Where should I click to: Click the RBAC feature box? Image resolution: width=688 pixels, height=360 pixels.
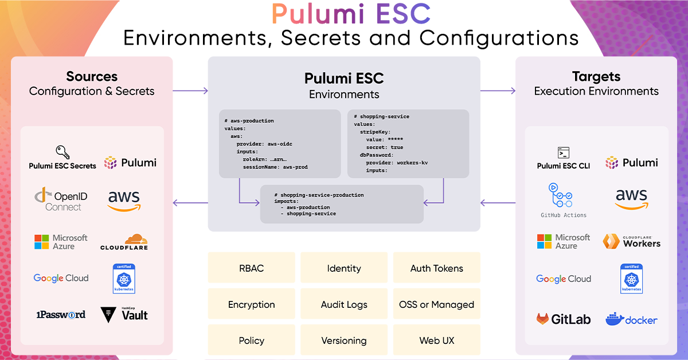251,268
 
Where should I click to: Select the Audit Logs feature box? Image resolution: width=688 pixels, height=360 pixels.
344,304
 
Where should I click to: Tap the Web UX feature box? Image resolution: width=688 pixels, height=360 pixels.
436,341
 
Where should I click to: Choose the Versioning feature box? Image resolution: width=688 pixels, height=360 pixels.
344,341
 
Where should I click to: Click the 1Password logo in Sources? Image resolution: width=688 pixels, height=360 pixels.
61,314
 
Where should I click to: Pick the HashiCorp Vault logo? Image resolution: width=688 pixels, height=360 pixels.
124,314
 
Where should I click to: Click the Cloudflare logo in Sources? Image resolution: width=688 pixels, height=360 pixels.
124,241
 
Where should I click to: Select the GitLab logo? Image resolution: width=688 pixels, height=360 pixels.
564,319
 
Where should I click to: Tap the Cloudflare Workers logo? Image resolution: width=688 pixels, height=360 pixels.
631,241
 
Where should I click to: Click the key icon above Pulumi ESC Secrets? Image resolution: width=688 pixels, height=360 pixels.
62,152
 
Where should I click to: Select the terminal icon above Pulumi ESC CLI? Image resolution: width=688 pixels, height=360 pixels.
564,152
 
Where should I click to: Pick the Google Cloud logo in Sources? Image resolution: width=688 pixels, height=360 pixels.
61,278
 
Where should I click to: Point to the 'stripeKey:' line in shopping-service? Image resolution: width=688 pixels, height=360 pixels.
376,132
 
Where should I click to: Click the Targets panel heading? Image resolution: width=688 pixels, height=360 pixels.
596,77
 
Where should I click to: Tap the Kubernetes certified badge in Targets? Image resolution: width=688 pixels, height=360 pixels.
631,279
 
